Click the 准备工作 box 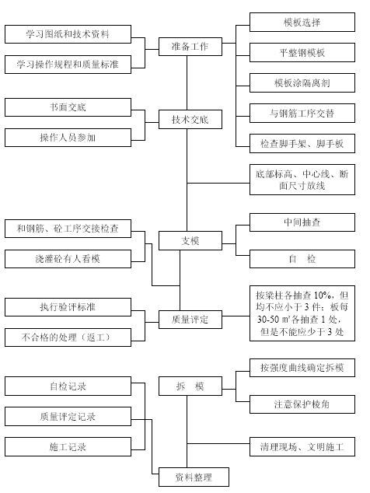click(190, 47)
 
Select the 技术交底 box click(190, 119)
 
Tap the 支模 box click(190, 240)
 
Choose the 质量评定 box click(190, 320)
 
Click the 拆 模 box click(190, 386)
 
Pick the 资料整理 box click(194, 477)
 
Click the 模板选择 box click(302, 23)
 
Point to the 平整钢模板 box click(302, 53)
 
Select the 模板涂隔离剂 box click(302, 82)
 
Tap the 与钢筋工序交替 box click(302, 114)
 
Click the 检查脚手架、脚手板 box click(302, 143)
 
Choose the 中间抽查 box click(302, 222)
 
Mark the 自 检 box click(302, 259)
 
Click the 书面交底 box click(68, 107)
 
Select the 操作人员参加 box click(68, 138)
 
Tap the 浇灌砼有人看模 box click(68, 259)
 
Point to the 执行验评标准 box click(68, 307)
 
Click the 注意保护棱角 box click(302, 404)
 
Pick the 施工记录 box click(68, 446)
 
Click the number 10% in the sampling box click(322, 295)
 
